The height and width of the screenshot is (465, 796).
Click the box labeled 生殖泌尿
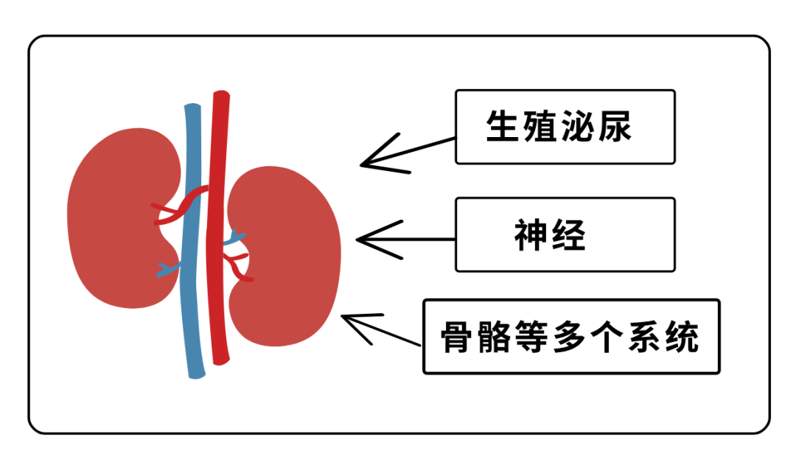pyautogui.click(x=565, y=127)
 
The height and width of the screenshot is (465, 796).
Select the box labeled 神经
pyautogui.click(x=565, y=234)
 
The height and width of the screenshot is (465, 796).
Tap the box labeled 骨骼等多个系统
pyautogui.click(x=570, y=336)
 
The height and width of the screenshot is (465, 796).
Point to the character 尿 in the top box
pyautogui.click(x=615, y=127)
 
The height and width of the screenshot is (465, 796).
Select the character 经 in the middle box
pyautogui.click(x=569, y=235)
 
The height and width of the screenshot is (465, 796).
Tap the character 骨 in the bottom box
pyautogui.click(x=457, y=337)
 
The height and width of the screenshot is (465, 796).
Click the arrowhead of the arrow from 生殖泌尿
pyautogui.click(x=364, y=164)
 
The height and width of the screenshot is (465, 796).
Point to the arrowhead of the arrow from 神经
pyautogui.click(x=360, y=239)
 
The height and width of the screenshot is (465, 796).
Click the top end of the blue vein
pyautogui.click(x=192, y=108)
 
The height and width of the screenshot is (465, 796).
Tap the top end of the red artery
pyautogui.click(x=220, y=95)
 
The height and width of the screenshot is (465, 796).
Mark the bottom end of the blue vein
pyautogui.click(x=196, y=374)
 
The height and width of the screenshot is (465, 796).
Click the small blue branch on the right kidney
pyautogui.click(x=236, y=239)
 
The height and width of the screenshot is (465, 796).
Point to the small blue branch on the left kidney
pyautogui.click(x=167, y=270)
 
